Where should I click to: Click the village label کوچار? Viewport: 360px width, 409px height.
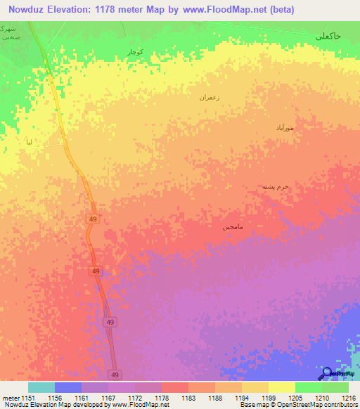coord(136,52)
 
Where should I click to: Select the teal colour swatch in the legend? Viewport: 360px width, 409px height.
coord(41,387)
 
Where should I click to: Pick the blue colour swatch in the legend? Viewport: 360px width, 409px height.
coord(68,387)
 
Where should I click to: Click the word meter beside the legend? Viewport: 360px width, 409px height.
coord(11,397)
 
